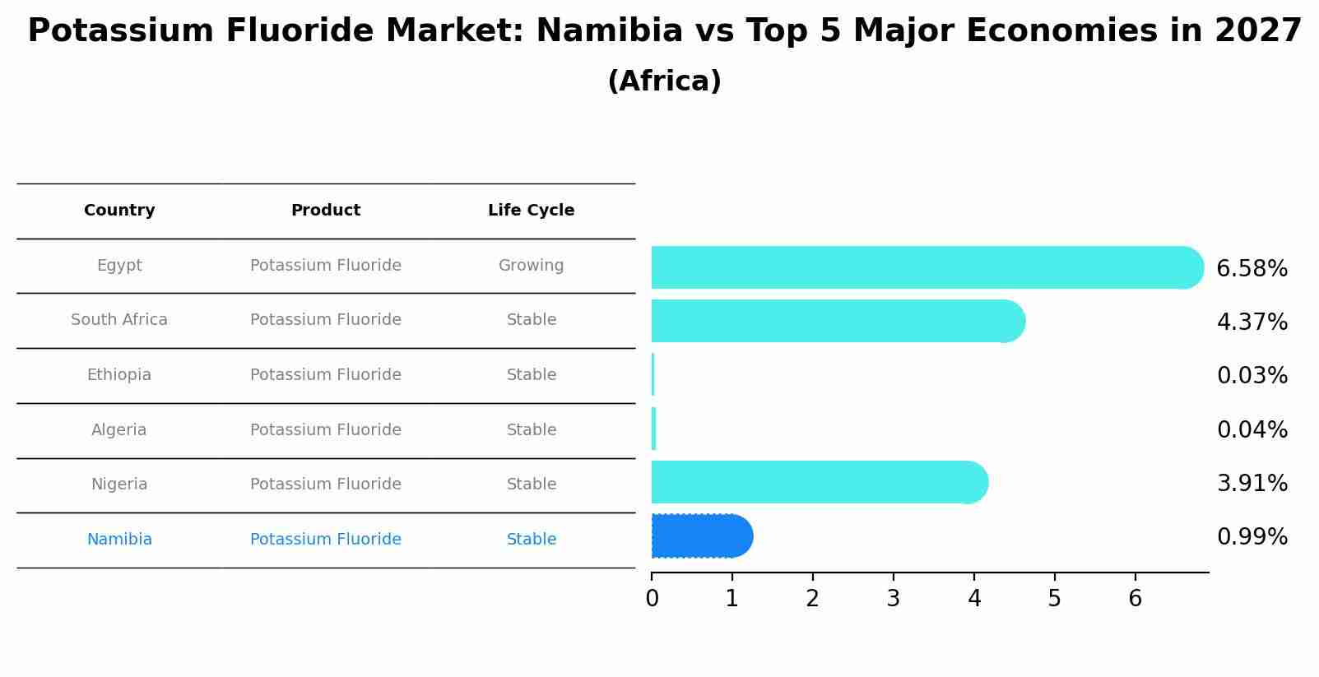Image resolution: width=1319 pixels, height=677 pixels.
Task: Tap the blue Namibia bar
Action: (699, 536)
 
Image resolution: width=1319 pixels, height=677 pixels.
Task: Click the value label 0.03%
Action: (1252, 376)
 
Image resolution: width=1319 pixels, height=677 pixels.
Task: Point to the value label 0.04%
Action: (1252, 430)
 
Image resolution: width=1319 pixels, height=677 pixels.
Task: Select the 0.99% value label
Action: (1252, 537)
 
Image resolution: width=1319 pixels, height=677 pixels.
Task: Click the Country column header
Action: (119, 211)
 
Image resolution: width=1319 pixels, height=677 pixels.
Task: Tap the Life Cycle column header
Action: (531, 211)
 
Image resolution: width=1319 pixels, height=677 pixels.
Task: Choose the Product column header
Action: (326, 211)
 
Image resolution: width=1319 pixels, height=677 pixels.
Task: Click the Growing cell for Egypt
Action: (531, 266)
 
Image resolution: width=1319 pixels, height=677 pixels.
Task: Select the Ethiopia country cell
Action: (119, 375)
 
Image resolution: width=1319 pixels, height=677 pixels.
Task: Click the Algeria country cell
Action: (119, 430)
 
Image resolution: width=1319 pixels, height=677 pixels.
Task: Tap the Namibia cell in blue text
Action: (119, 540)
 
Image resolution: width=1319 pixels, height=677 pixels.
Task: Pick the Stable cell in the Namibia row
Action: (531, 540)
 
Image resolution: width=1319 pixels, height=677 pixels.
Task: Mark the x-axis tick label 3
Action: (894, 599)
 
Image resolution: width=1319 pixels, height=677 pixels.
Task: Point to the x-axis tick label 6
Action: (1136, 599)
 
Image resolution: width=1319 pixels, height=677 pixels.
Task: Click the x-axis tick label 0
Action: (652, 599)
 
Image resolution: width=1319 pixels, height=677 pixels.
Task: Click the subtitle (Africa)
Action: (664, 81)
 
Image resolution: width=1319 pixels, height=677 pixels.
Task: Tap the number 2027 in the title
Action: (1257, 31)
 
